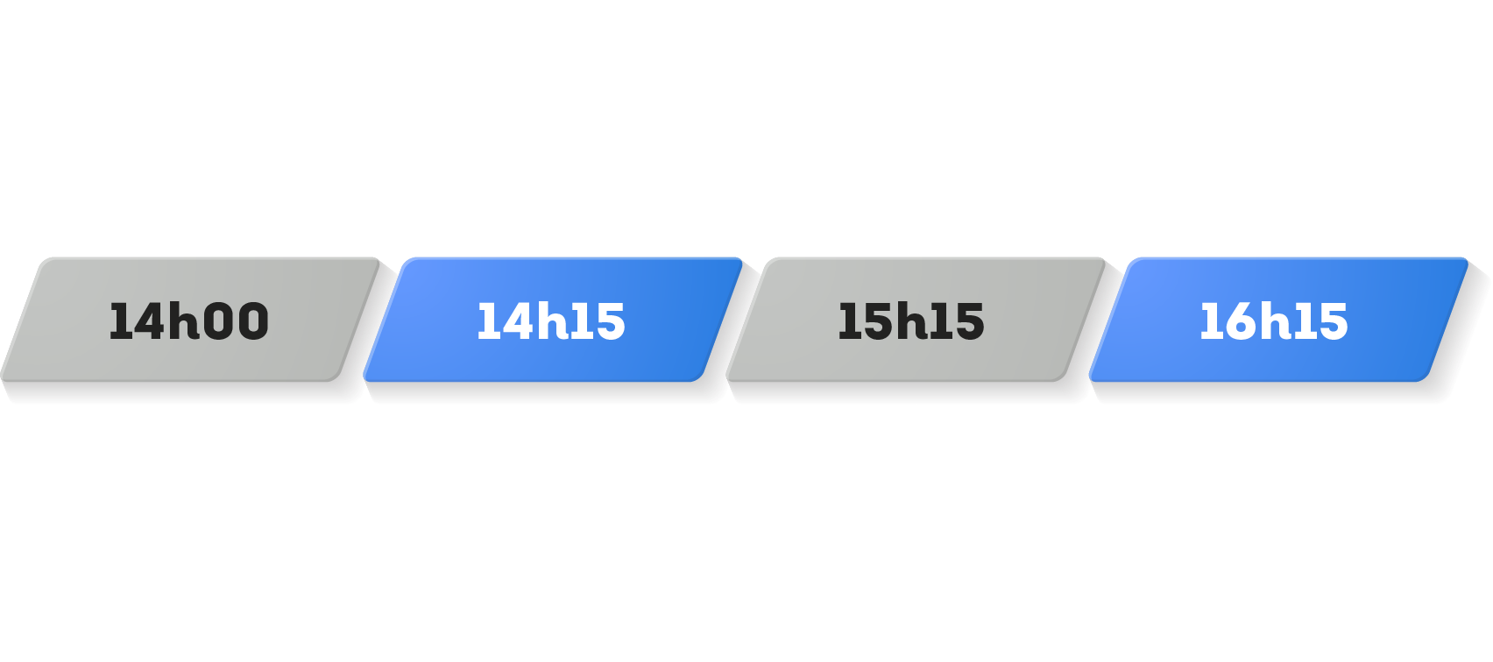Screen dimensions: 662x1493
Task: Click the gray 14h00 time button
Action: tap(189, 320)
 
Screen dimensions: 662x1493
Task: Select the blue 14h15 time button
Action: tap(552, 320)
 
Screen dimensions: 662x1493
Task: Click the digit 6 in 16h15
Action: tap(1237, 321)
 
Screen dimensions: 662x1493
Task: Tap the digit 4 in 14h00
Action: tap(148, 321)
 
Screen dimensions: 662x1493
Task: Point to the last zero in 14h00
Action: tap(252, 320)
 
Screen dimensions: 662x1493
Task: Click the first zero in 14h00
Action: tap(217, 320)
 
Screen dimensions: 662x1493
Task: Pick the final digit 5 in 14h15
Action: tap(610, 321)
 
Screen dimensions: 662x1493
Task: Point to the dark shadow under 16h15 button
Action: tap(1270, 394)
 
